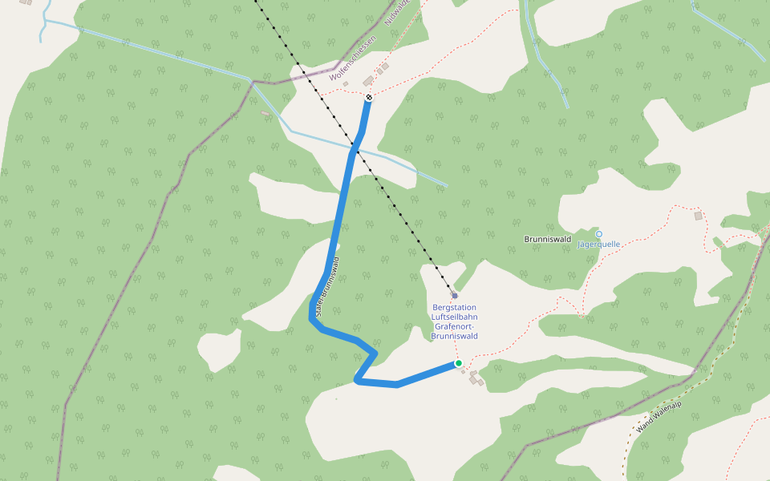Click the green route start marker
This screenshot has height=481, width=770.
tap(459, 363)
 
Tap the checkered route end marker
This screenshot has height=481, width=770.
tap(368, 98)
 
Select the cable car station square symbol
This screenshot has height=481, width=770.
tap(454, 295)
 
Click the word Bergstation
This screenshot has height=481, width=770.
tap(454, 307)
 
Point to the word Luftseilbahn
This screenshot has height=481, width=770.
tap(455, 317)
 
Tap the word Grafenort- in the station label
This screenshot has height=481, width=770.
tap(455, 326)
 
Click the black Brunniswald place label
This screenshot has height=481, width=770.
tap(547, 239)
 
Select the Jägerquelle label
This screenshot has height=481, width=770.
tap(599, 245)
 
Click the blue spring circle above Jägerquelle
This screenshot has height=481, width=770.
tap(598, 234)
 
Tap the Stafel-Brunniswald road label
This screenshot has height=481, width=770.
tap(330, 289)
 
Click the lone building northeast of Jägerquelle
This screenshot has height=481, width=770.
tap(698, 216)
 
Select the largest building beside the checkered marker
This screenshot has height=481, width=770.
tap(368, 81)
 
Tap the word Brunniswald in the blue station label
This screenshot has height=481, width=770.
tap(455, 336)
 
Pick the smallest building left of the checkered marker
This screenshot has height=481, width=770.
tap(346, 84)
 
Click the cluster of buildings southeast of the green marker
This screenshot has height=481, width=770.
tap(476, 378)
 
